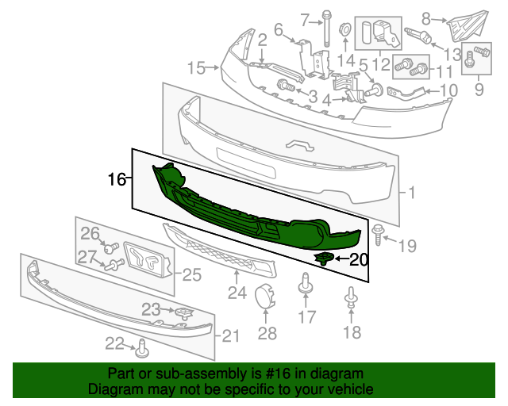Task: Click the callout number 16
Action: click(117, 180)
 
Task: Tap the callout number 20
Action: click(359, 259)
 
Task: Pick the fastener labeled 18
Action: click(350, 299)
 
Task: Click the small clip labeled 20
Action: click(325, 258)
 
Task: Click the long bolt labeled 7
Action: click(325, 31)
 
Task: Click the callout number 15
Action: click(196, 68)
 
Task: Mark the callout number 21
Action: click(229, 336)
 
